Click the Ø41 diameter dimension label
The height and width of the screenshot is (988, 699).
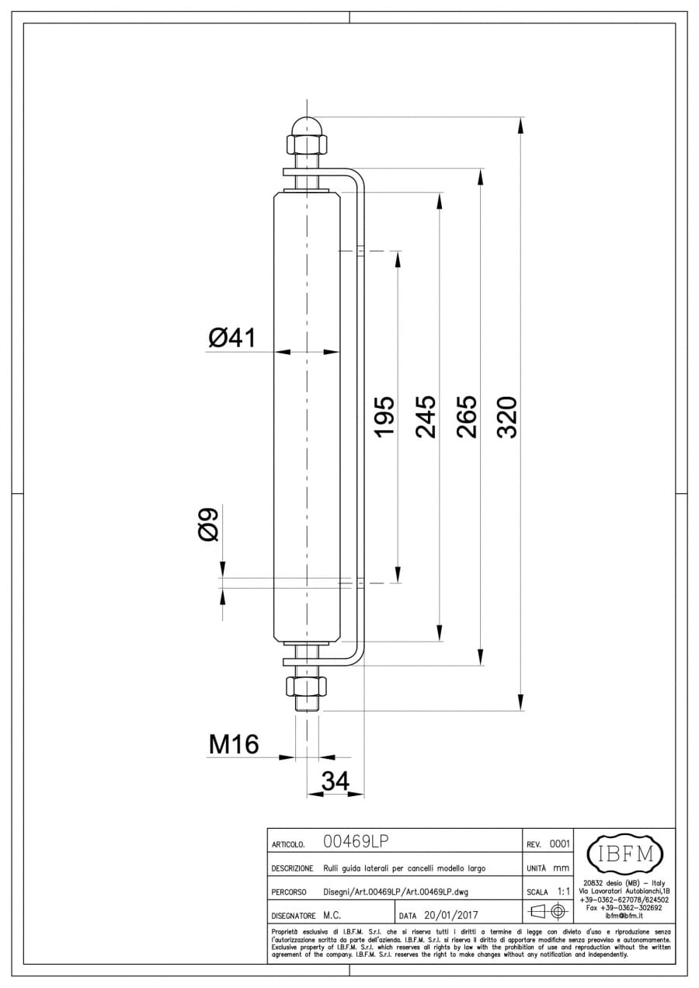point(232,338)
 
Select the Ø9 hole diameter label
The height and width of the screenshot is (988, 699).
point(208,524)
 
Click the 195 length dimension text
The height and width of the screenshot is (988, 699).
point(384,417)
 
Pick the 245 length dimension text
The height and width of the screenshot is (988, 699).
point(426,417)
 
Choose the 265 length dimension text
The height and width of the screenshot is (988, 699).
point(467,417)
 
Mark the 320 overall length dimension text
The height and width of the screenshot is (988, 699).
point(506,417)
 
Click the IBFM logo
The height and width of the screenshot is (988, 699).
point(625,854)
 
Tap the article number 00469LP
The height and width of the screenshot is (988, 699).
point(356,841)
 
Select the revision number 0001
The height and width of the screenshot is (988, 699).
point(560,844)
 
